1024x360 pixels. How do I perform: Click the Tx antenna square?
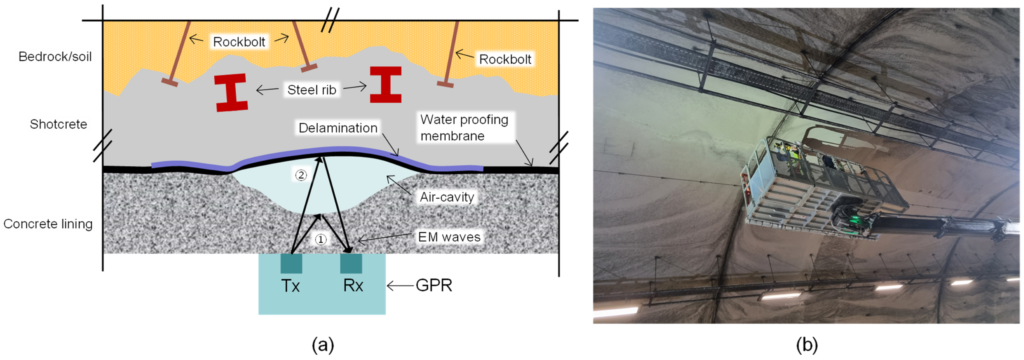click(291, 263)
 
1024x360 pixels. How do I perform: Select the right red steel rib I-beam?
click(385, 85)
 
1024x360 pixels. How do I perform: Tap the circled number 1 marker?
click(321, 239)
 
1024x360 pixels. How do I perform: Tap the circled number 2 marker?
click(301, 175)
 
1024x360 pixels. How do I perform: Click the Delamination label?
click(338, 128)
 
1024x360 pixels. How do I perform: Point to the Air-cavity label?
click(447, 197)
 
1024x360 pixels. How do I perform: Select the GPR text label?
click(434, 285)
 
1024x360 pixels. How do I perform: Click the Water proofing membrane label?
click(464, 128)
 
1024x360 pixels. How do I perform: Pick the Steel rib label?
click(312, 90)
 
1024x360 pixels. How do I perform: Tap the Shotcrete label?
click(59, 124)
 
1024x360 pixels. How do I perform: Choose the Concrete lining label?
click(48, 224)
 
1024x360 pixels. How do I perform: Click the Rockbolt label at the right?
click(505, 59)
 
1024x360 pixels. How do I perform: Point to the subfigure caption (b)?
click(807, 345)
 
